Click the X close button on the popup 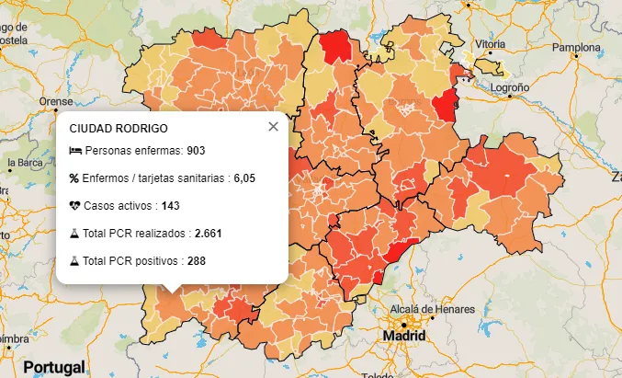[x=273, y=127]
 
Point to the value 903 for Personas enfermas [x=195, y=150]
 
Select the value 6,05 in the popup [x=243, y=178]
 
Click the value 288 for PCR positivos [x=196, y=261]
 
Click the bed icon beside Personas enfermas [x=74, y=150]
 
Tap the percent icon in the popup [x=74, y=178]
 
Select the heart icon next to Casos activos [x=74, y=205]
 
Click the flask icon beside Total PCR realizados [x=74, y=234]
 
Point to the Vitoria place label [x=491, y=44]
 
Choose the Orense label [x=55, y=101]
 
